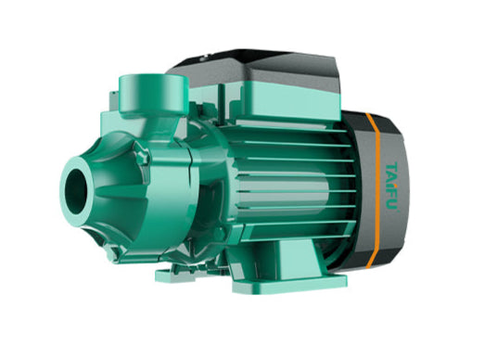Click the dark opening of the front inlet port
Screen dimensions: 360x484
tap(77, 183)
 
